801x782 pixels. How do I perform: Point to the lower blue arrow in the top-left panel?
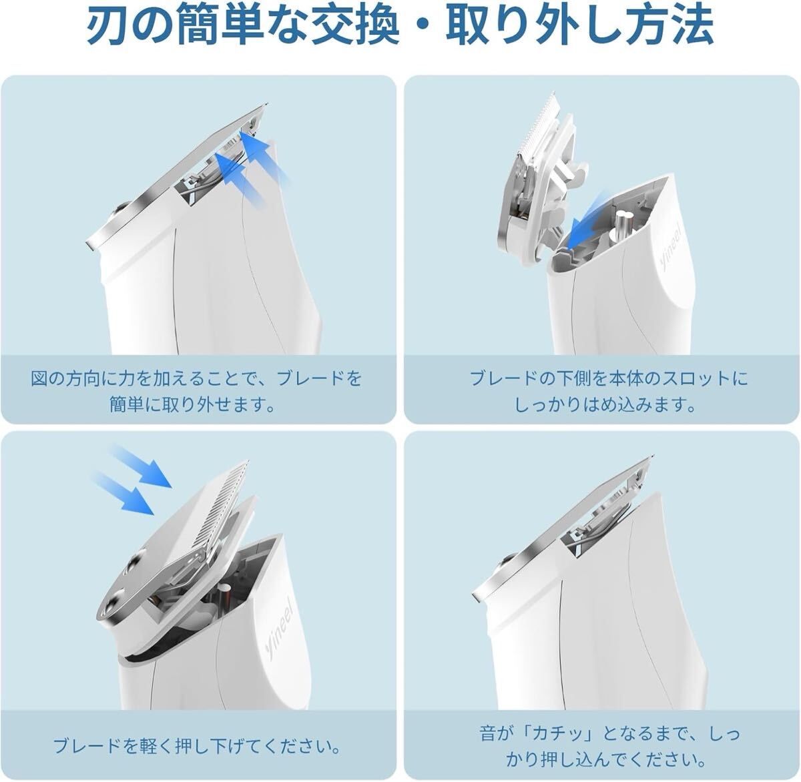pos(239,180)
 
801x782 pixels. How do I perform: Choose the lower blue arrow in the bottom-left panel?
pos(122,493)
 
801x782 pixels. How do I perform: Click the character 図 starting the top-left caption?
pos(40,378)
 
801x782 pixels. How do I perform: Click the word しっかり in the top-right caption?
pos(548,405)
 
